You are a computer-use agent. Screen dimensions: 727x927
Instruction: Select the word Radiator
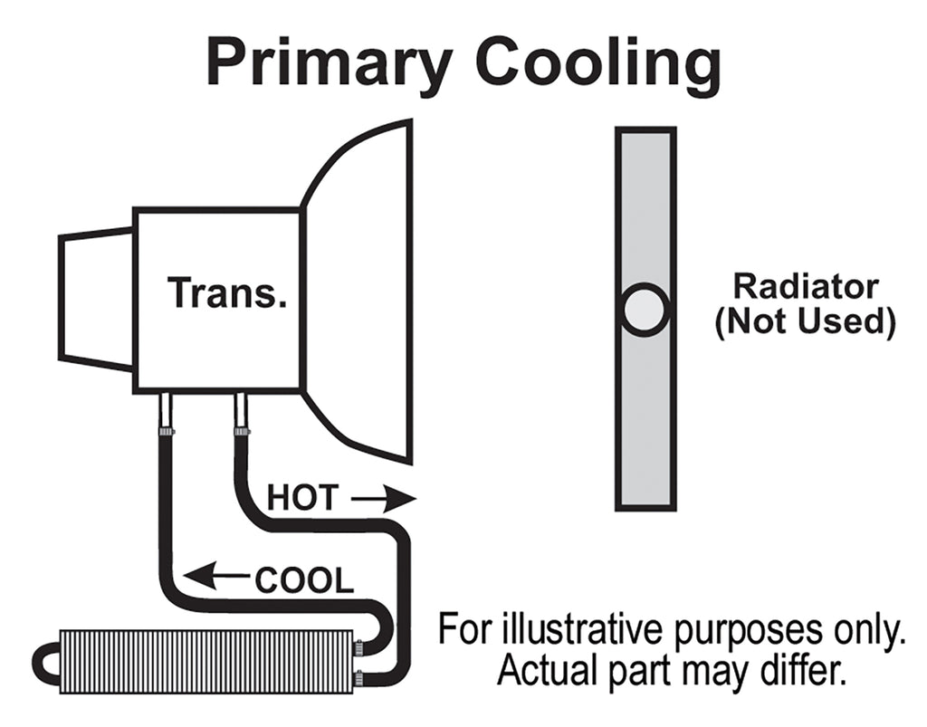805,287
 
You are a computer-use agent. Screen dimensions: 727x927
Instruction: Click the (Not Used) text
805,321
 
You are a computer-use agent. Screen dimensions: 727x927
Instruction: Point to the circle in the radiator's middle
645,310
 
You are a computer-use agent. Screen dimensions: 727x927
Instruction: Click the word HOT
302,498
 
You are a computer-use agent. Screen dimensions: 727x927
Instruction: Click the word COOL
303,580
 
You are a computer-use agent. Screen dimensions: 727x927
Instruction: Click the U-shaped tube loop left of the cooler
45,662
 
